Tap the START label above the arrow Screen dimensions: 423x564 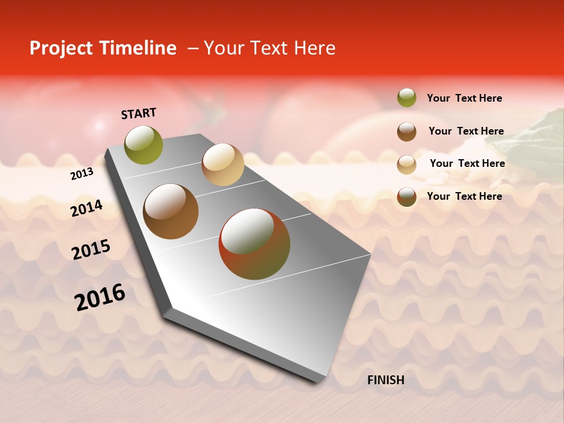tap(139, 113)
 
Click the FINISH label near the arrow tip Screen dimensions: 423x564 tap(385, 380)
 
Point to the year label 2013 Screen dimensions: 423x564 tap(82, 174)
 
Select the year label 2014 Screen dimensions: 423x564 tap(86, 208)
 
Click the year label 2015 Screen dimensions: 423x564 tap(90, 250)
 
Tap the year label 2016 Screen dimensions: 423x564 tap(100, 297)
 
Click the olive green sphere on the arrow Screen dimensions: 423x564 tap(143, 145)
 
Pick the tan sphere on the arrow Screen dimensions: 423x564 tap(223, 164)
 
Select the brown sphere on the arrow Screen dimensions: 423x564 tap(171, 211)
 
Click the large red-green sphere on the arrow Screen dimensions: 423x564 tap(254, 244)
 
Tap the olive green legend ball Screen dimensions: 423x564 tap(407, 98)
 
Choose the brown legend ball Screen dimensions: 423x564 tap(407, 131)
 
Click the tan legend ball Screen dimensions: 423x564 tap(407, 164)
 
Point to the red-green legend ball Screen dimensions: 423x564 tap(407, 197)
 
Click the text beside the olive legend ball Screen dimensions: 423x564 tap(464, 98)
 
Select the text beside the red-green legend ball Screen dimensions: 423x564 tap(464, 196)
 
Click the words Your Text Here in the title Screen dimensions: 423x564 tap(269, 48)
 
